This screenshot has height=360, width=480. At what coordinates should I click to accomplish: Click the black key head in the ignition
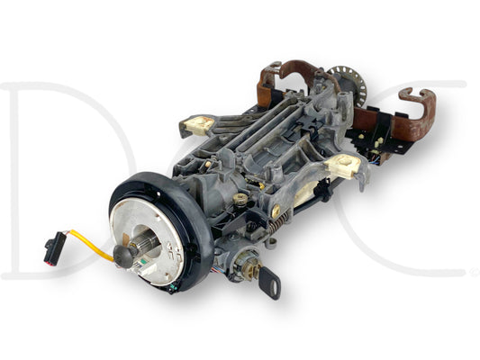coord(269,283)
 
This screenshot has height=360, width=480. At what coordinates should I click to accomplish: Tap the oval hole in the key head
coord(275,289)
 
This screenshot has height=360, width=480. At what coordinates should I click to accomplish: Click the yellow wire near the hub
coord(89,245)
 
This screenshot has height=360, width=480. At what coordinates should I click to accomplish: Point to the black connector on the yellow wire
coord(55,248)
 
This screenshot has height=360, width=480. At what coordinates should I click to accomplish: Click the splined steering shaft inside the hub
coord(146,245)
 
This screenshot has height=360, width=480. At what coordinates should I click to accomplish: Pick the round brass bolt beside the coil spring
coord(276,211)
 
